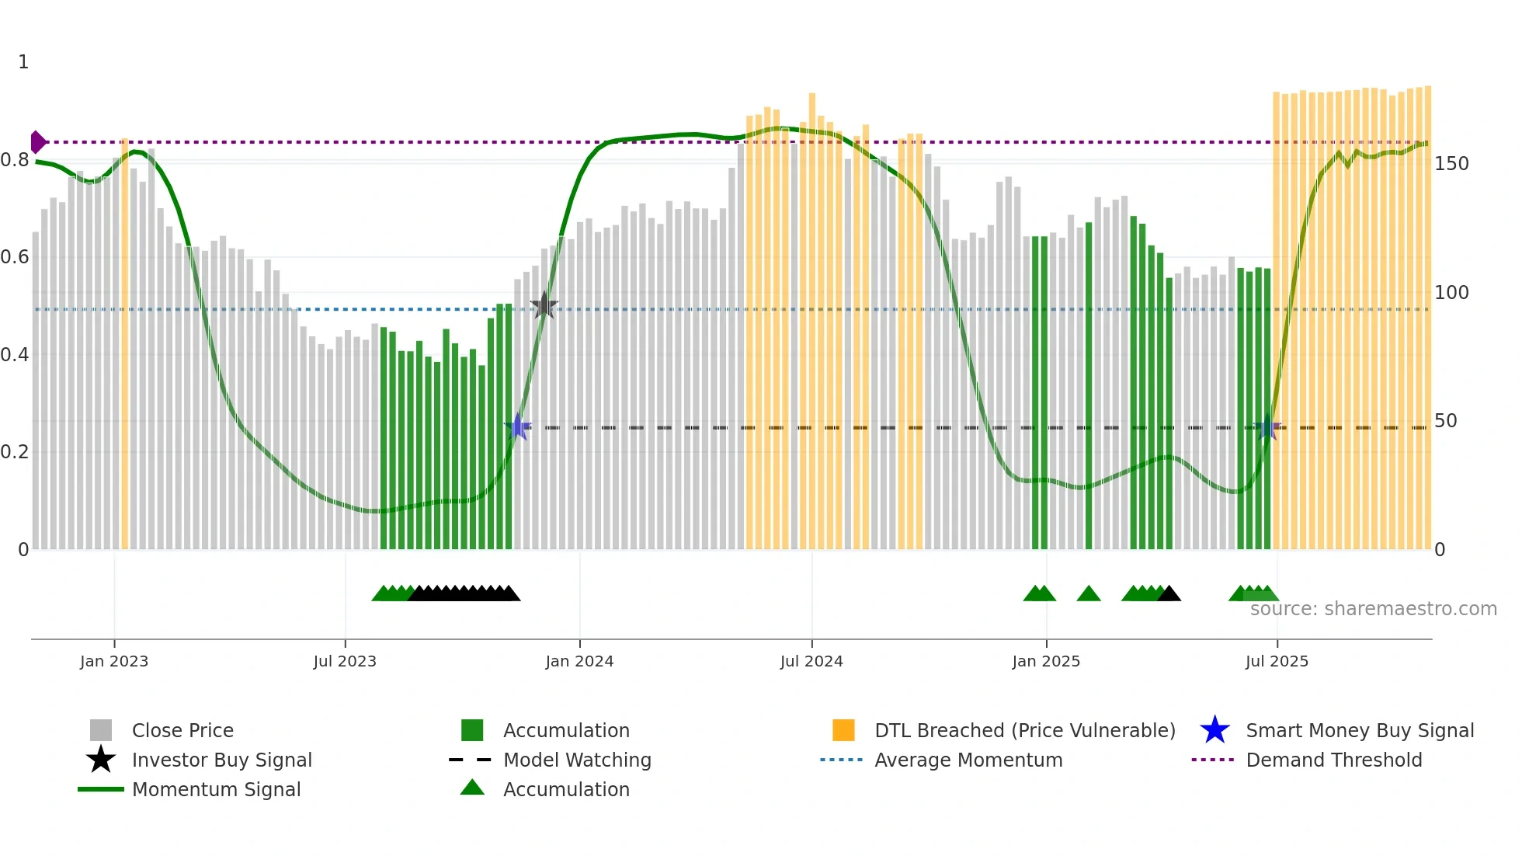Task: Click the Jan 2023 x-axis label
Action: [x=114, y=661]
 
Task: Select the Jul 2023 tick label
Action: [x=345, y=661]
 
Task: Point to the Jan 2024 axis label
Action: [x=579, y=661]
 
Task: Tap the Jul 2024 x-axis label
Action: [x=811, y=661]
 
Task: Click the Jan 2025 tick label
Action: [x=1046, y=661]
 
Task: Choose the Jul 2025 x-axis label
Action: [x=1277, y=661]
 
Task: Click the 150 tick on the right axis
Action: [x=1451, y=164]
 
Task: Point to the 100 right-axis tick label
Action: [x=1451, y=293]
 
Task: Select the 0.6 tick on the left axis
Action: [x=15, y=257]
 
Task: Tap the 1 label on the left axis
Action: [x=23, y=62]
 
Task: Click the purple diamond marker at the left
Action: [x=37, y=142]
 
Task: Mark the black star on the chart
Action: [x=544, y=306]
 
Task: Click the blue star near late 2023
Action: [x=517, y=427]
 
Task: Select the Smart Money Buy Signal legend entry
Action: [x=1359, y=730]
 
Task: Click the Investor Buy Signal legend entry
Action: [x=221, y=760]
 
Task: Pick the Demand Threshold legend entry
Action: [x=1333, y=760]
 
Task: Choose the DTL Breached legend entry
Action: [x=1024, y=730]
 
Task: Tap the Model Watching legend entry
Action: [x=577, y=760]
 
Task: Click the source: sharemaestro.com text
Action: [x=1373, y=609]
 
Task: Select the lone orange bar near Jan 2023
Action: [x=124, y=342]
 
